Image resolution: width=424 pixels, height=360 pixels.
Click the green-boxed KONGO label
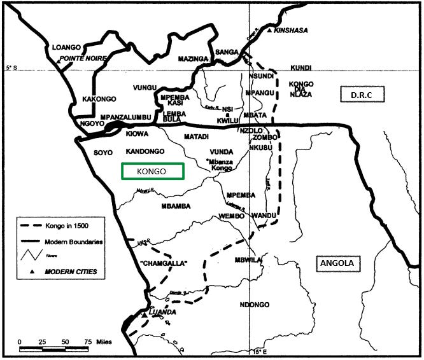click(x=152, y=172)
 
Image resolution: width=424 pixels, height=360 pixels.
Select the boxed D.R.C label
click(x=365, y=95)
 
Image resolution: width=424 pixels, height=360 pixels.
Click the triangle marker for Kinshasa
click(x=270, y=30)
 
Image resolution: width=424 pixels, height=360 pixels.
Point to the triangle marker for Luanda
click(x=145, y=314)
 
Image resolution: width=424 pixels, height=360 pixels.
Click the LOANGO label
click(x=67, y=47)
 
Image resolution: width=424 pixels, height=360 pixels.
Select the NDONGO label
click(x=255, y=305)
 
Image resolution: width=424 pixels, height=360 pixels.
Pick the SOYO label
click(x=102, y=153)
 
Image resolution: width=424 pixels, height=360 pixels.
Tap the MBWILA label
click(x=248, y=260)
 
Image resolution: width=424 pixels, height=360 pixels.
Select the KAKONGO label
click(x=97, y=99)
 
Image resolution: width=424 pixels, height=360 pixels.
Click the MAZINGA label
click(x=193, y=59)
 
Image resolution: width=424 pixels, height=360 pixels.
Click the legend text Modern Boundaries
click(x=74, y=242)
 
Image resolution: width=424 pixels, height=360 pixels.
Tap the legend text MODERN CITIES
click(x=71, y=272)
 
